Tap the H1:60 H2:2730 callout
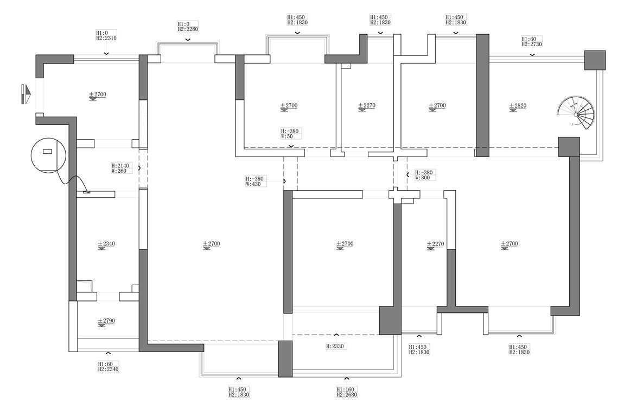coord(532,42)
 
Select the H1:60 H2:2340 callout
coord(108,366)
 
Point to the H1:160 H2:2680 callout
coord(347,392)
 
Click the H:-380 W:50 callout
coord(290,134)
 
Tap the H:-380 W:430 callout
coord(255,181)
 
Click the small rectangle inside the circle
coord(47,151)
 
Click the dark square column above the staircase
coord(594,60)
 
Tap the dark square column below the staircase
coord(569,147)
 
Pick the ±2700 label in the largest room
coord(211,244)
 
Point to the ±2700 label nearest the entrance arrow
coord(98,95)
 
